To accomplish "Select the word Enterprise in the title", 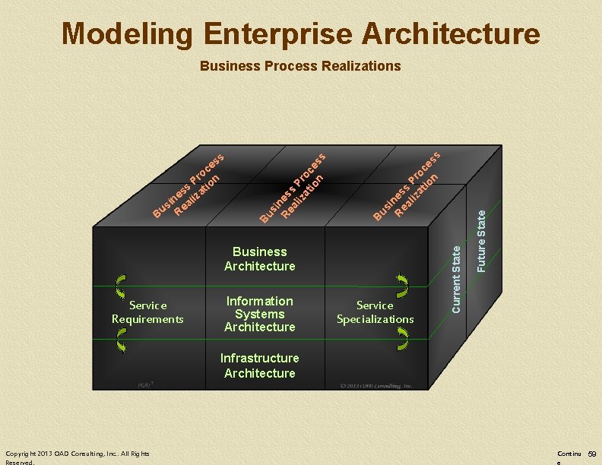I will coord(278,33).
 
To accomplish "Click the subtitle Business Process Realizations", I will coord(300,66).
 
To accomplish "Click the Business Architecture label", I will coord(260,259).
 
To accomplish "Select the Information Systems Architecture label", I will coord(260,314).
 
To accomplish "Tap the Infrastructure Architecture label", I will coord(260,365).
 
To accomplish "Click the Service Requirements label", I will coord(148,312).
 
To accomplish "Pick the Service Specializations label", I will coord(375,312).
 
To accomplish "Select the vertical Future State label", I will coord(481,242).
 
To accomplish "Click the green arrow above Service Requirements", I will coord(121,286).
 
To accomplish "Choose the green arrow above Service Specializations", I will coord(402,286).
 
